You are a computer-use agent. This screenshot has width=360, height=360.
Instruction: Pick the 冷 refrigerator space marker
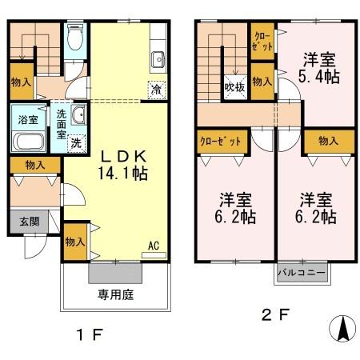157,89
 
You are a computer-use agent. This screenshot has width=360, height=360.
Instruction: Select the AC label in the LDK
154,246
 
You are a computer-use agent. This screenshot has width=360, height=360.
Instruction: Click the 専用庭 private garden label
116,295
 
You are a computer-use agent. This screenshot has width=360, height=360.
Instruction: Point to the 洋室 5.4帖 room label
318,67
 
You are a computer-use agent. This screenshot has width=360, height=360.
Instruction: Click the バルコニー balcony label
302,272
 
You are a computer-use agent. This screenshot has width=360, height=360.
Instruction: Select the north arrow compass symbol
342,329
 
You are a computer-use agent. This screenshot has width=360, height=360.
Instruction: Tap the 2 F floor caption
277,314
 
